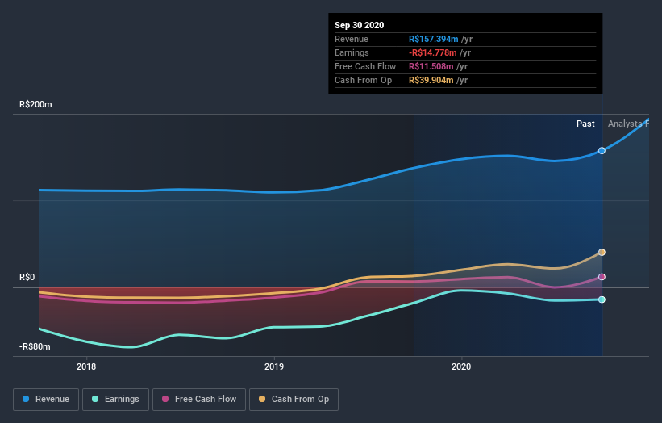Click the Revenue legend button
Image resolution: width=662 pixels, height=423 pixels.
click(47, 399)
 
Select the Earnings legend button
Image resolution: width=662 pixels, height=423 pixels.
click(116, 399)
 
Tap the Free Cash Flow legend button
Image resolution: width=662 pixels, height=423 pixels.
click(198, 399)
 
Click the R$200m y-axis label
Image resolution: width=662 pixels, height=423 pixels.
click(36, 105)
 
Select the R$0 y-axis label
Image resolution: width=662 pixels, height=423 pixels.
click(28, 277)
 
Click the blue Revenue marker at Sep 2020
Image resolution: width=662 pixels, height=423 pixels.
click(602, 151)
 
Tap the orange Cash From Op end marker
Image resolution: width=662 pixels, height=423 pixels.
click(602, 253)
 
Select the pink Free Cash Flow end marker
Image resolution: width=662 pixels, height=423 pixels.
click(602, 277)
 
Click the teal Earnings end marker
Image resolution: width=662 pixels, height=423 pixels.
click(602, 299)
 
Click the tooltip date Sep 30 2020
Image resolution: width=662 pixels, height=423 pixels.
click(360, 25)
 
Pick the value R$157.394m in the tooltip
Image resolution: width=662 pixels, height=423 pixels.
click(433, 39)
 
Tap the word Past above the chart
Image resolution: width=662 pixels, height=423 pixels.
click(585, 124)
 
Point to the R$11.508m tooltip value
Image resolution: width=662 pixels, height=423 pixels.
click(431, 66)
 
